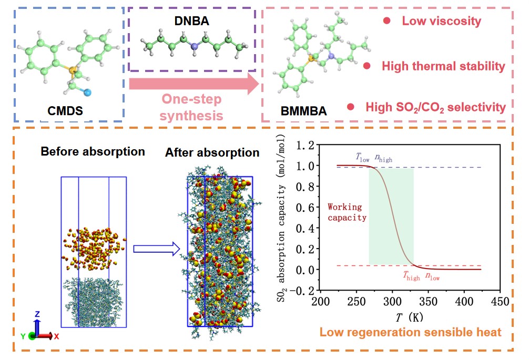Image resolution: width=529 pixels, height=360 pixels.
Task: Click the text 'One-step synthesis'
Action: point(191,107)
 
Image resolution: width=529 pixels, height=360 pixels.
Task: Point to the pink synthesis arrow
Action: point(195,84)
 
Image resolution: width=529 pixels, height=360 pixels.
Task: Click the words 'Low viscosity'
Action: point(441,22)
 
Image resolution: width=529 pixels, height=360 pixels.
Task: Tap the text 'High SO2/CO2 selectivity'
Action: point(435,107)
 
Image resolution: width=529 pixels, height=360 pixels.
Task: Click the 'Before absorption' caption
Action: point(93,151)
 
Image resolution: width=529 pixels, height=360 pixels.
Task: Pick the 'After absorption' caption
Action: point(212,153)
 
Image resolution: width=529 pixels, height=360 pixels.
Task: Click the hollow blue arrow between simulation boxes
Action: point(153,251)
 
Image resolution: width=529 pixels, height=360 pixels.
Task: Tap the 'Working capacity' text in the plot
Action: point(347,212)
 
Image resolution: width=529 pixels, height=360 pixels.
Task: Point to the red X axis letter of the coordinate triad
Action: point(57,336)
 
